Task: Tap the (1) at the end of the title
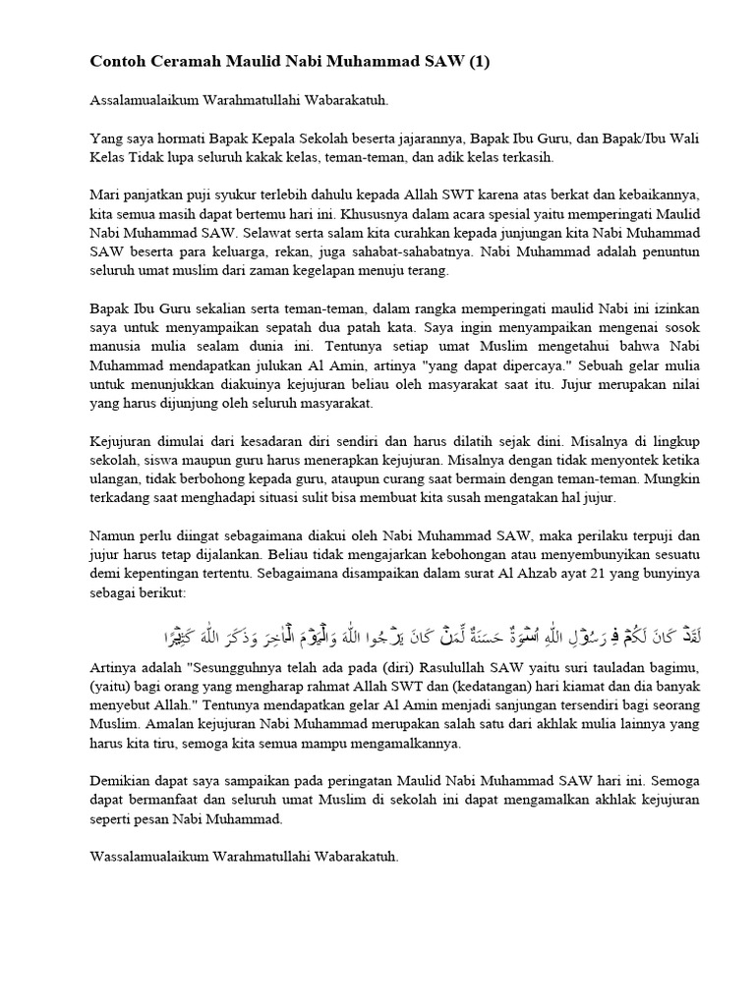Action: point(476,63)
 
